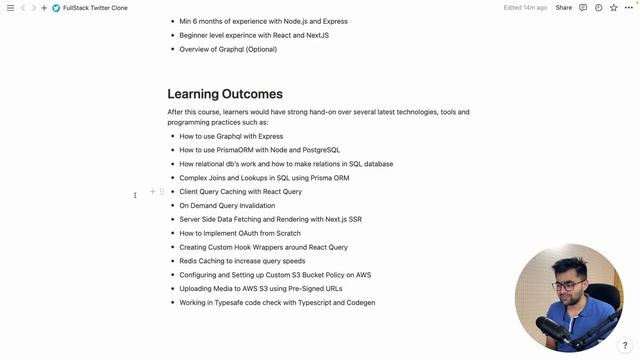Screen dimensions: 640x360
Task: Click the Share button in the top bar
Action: pos(564,7)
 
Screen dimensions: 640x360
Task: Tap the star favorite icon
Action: pos(613,7)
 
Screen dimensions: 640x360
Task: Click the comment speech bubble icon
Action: pos(584,7)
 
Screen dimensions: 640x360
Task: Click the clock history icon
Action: pos(598,7)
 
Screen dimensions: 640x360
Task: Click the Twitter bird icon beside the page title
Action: pos(56,7)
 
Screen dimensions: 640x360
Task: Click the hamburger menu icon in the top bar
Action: pos(9,7)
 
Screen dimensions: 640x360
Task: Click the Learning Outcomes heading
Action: pos(225,94)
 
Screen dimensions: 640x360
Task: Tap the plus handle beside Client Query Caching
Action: pos(153,191)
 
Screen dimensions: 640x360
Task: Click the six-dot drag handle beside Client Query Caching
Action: pos(162,191)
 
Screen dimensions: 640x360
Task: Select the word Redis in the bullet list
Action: pos(189,260)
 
